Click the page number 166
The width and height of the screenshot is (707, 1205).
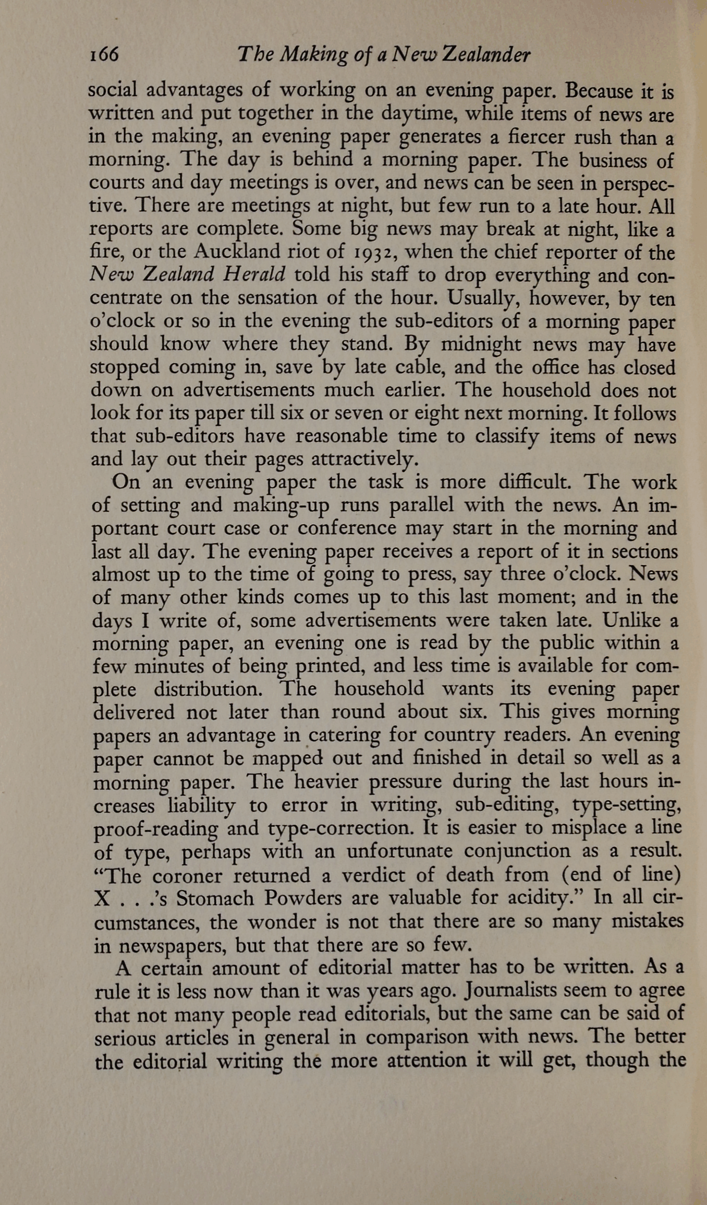tap(104, 54)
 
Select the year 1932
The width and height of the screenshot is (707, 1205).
tap(372, 252)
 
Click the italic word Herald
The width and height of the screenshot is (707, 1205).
tap(254, 274)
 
